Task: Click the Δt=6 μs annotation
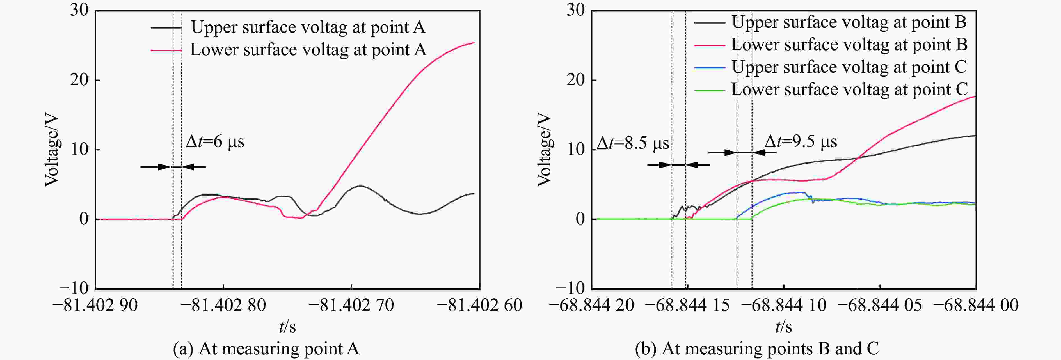[x=215, y=142]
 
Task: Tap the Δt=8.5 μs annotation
[x=633, y=143]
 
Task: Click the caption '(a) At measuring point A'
[x=266, y=349]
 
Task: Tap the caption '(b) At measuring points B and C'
[x=757, y=349]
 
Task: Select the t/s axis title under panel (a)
[x=287, y=327]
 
